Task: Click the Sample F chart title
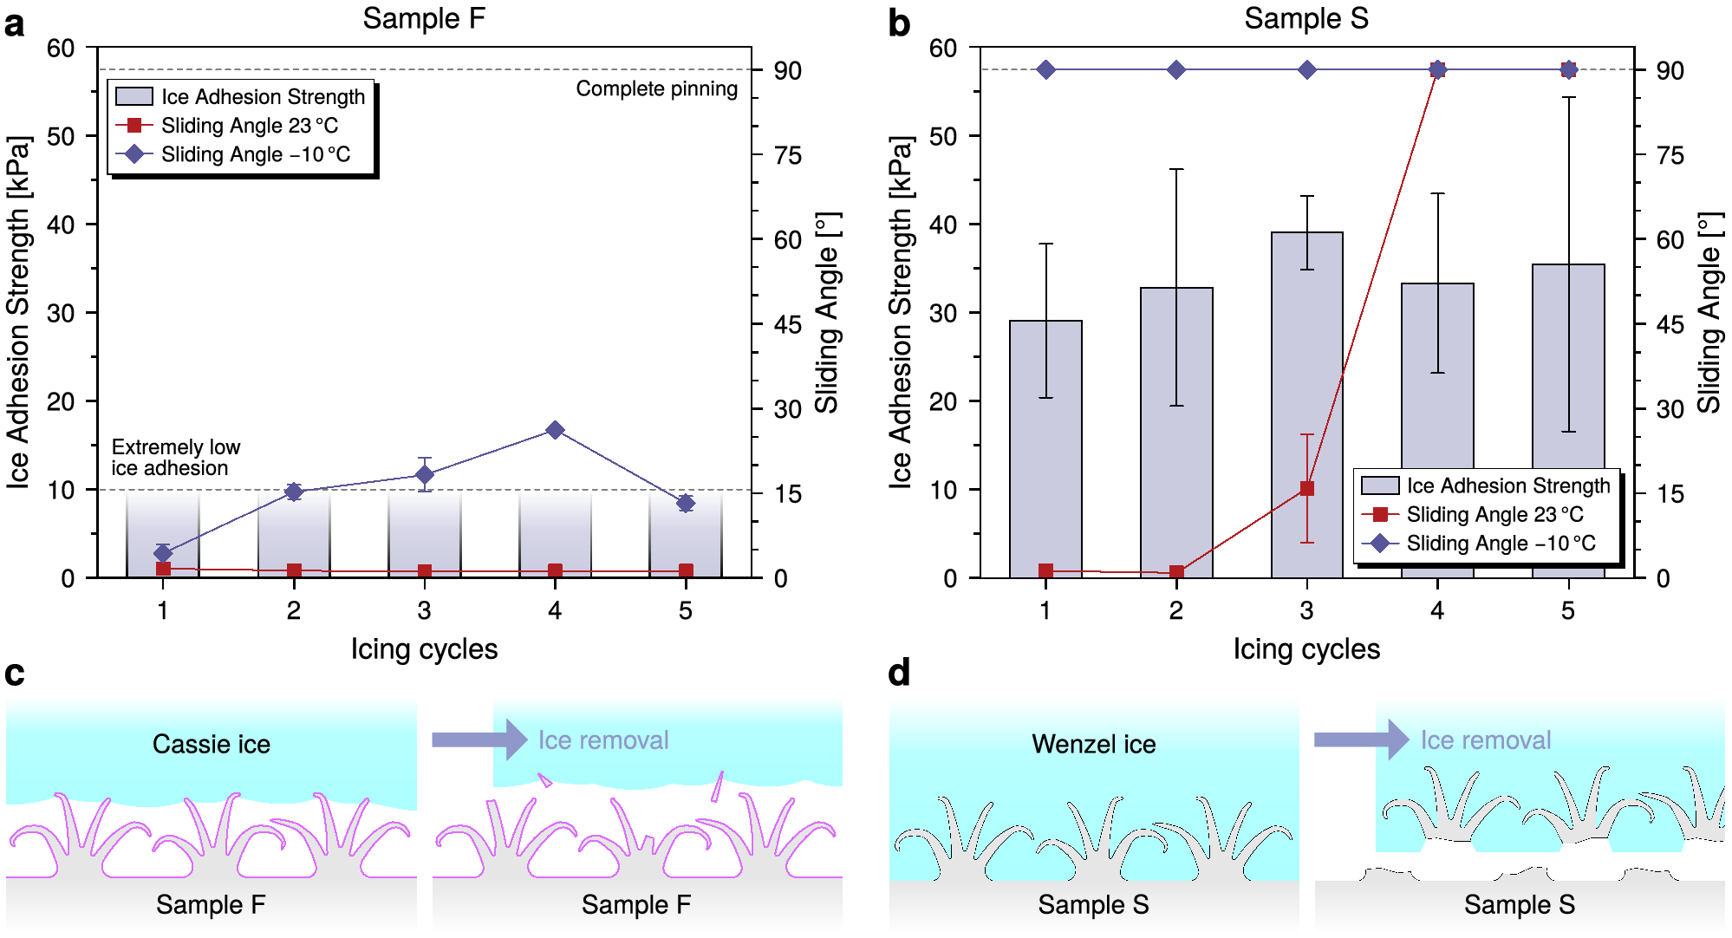[x=423, y=18]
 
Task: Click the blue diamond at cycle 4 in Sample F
[x=555, y=430]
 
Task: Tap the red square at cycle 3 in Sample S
[x=1306, y=489]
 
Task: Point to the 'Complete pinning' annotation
[x=656, y=88]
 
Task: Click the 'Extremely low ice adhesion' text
[x=175, y=458]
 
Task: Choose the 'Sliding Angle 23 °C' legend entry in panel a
[x=249, y=126]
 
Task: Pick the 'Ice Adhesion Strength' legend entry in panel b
[x=1507, y=485]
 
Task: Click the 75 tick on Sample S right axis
[x=1670, y=155]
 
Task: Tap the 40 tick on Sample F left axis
[x=61, y=225]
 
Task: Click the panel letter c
[x=15, y=674]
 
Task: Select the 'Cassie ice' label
[x=211, y=744]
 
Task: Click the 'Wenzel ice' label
[x=1093, y=744]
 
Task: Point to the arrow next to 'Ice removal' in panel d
[x=1361, y=739]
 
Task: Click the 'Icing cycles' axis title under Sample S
[x=1306, y=648]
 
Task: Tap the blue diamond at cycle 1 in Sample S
[x=1045, y=69]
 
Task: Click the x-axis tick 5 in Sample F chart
[x=685, y=610]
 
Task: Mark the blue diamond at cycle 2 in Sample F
[x=294, y=492]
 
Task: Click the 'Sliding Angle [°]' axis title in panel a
[x=827, y=312]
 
